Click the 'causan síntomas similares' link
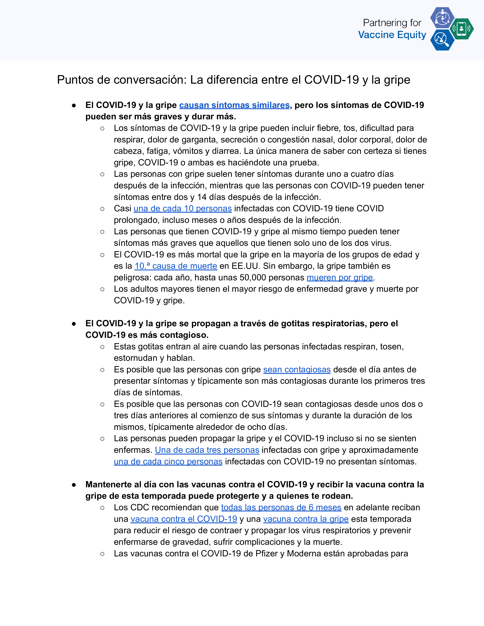tap(234, 105)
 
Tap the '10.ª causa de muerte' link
tap(176, 266)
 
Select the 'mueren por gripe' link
tap(340, 278)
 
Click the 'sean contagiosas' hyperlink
tap(297, 370)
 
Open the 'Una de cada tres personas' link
tap(207, 450)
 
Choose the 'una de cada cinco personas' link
tap(168, 462)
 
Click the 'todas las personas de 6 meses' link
tap(281, 508)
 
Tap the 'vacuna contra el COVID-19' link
tap(184, 519)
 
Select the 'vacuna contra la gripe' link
tap(306, 519)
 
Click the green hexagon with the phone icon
tap(461, 29)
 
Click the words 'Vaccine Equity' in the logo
tap(392, 35)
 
